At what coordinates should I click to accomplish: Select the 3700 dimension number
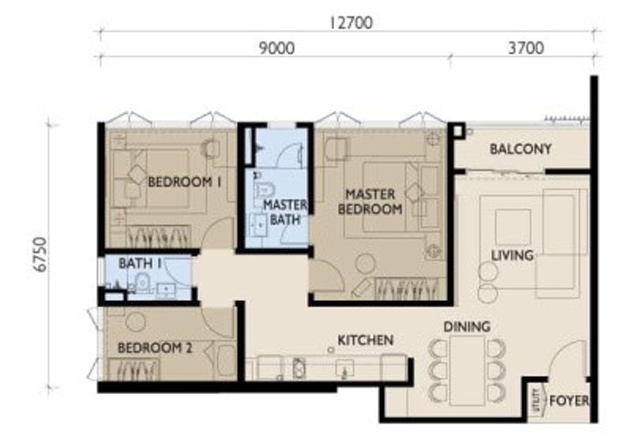click(x=525, y=48)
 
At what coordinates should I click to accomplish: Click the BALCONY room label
click(x=521, y=148)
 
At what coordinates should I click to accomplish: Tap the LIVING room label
click(x=512, y=255)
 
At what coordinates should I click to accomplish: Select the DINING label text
click(x=466, y=326)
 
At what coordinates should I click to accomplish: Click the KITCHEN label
click(x=366, y=340)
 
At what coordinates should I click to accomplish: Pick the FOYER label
click(x=569, y=400)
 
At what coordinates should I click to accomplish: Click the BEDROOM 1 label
click(x=184, y=182)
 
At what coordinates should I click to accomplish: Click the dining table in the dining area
click(x=466, y=368)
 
